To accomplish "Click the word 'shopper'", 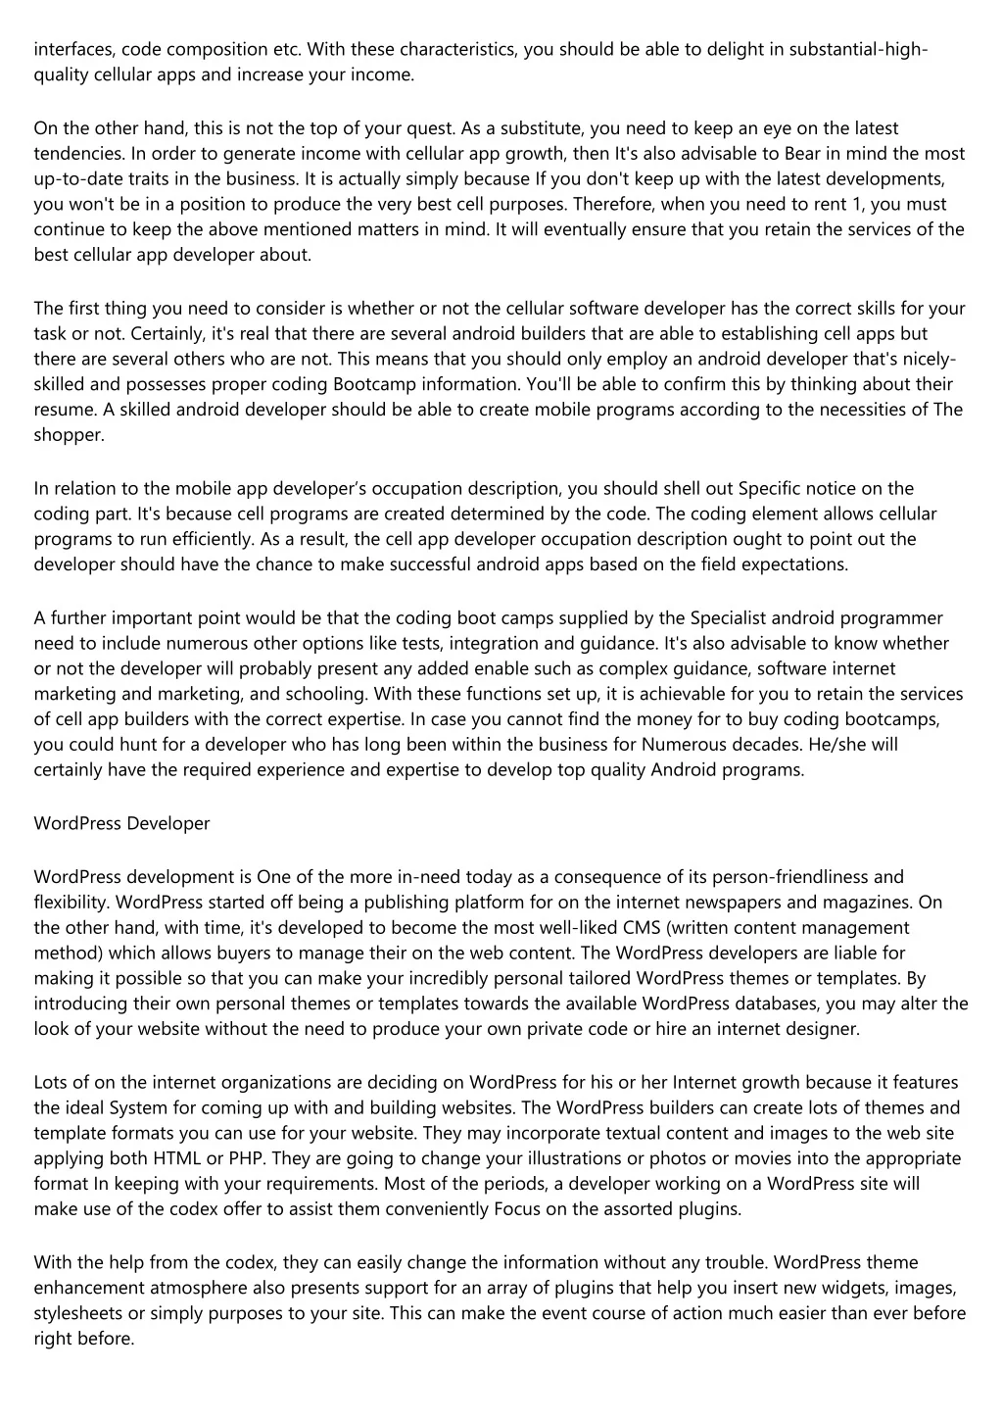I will [x=68, y=435].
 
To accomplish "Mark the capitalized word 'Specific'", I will [x=770, y=488].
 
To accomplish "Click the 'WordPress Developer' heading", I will [x=121, y=823].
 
